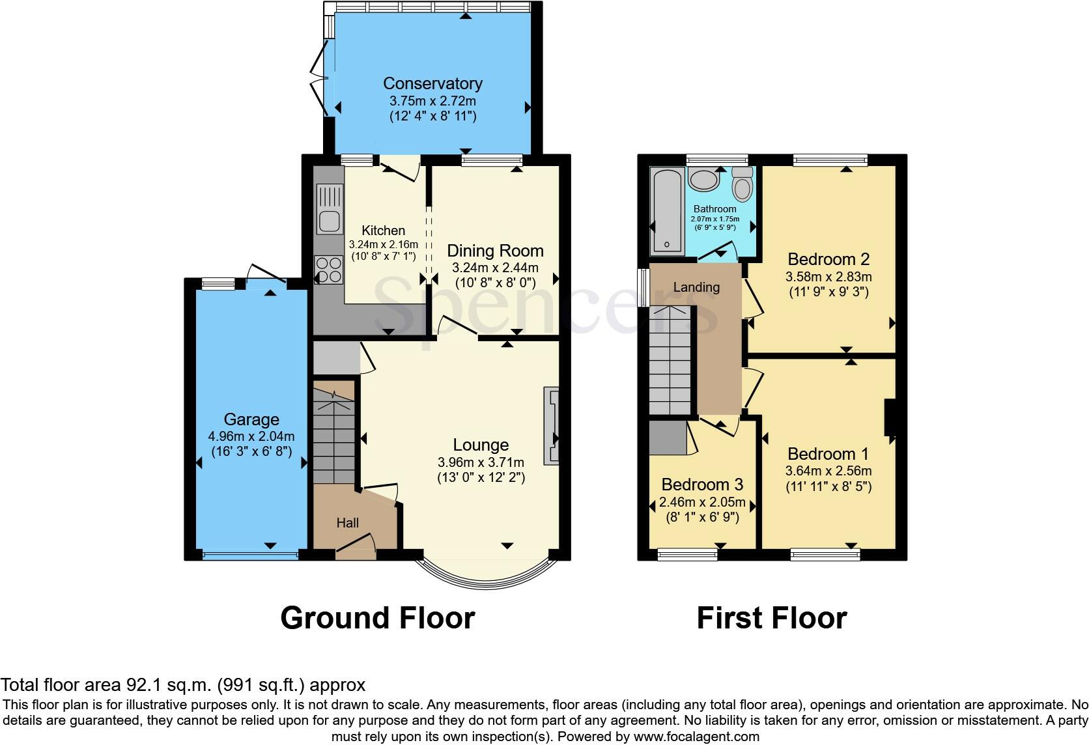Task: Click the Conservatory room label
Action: pos(432,83)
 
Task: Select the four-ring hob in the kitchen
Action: pos(329,270)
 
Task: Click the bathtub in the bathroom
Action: pos(667,210)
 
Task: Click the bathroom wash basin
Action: pos(703,179)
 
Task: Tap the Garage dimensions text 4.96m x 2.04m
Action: pos(251,436)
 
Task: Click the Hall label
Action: pos(347,523)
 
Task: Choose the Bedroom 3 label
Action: pos(702,485)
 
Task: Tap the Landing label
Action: pos(696,287)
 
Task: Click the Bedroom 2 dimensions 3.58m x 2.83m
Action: pos(828,277)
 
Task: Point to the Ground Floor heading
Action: pos(377,617)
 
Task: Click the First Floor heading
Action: pos(771,617)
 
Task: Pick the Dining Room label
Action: pos(495,251)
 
